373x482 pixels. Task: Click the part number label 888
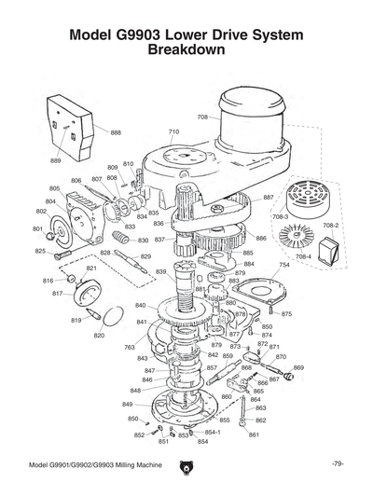click(x=116, y=132)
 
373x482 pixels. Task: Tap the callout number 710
click(x=173, y=132)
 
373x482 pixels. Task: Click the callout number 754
click(x=283, y=265)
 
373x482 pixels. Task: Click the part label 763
click(x=130, y=347)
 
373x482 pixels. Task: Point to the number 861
click(x=254, y=434)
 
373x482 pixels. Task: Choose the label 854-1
click(x=213, y=433)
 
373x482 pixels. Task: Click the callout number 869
click(x=298, y=367)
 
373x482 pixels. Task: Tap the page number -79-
click(x=338, y=464)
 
